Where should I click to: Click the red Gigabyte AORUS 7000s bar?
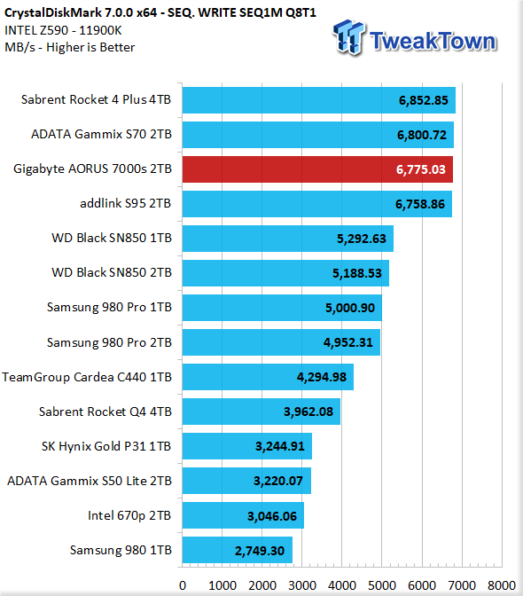point(317,169)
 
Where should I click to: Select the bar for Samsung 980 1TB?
point(238,550)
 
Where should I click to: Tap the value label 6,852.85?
point(423,100)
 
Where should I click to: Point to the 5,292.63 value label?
point(361,239)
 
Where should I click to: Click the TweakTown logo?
point(415,38)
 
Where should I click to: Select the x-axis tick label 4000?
point(342,585)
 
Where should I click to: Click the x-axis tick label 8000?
point(502,585)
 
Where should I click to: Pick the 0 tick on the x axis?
point(183,585)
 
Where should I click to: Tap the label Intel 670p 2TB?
point(129,515)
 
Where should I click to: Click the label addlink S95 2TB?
point(126,203)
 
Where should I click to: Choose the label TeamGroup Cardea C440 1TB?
point(87,377)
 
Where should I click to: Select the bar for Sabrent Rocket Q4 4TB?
point(261,412)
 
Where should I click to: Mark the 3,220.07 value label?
point(278,481)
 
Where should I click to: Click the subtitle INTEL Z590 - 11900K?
point(63,30)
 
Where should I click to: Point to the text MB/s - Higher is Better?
point(70,47)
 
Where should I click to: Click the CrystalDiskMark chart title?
point(160,12)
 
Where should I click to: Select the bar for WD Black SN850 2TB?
point(285,273)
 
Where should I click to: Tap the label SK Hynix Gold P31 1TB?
point(106,446)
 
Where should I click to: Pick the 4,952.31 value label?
point(347,342)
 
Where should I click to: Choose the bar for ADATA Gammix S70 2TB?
point(318,135)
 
